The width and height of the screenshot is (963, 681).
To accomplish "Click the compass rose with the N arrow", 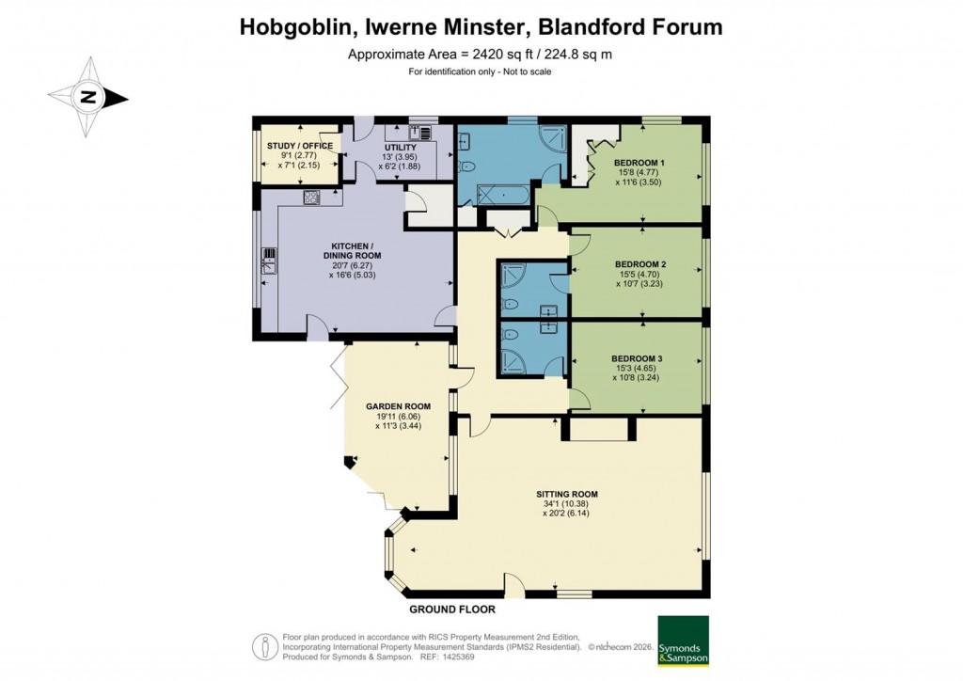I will [x=87, y=96].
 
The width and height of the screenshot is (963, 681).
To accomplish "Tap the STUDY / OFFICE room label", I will [x=299, y=146].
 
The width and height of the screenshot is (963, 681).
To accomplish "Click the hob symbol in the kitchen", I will [x=312, y=198].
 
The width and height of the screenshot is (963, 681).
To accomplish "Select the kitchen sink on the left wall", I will [x=269, y=261].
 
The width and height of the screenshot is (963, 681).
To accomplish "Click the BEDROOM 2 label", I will [x=639, y=264].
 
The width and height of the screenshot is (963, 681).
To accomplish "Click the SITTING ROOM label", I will [x=567, y=494].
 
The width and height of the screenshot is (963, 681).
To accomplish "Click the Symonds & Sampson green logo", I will [x=683, y=641].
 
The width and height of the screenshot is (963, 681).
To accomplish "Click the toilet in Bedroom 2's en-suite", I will [x=510, y=303].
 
